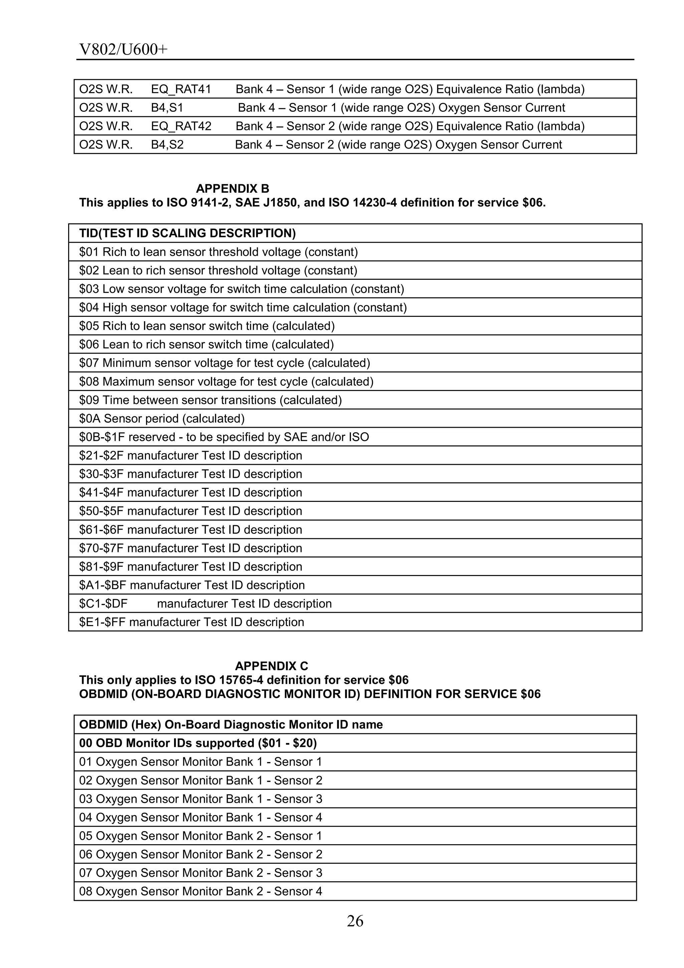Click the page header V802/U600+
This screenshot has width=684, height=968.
click(124, 50)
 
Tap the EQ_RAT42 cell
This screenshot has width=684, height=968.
click(181, 126)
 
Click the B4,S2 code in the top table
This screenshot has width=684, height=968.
click(167, 145)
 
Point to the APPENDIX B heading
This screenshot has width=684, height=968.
click(232, 188)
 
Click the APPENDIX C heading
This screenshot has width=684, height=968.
click(271, 666)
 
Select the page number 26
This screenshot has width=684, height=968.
click(355, 922)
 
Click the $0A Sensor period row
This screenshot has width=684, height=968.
click(162, 419)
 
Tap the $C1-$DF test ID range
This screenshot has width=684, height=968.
click(103, 604)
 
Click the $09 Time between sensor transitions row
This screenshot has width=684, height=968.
click(210, 400)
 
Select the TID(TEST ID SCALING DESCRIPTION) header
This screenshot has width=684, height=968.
click(188, 233)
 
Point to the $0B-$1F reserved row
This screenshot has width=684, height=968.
click(224, 437)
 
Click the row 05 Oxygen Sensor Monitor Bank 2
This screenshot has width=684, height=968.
click(200, 836)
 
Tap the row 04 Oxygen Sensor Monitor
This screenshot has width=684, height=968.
click(200, 817)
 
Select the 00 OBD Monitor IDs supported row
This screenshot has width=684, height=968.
click(198, 743)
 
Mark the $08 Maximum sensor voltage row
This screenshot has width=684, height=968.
click(226, 382)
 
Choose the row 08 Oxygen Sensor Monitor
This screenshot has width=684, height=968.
click(200, 891)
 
